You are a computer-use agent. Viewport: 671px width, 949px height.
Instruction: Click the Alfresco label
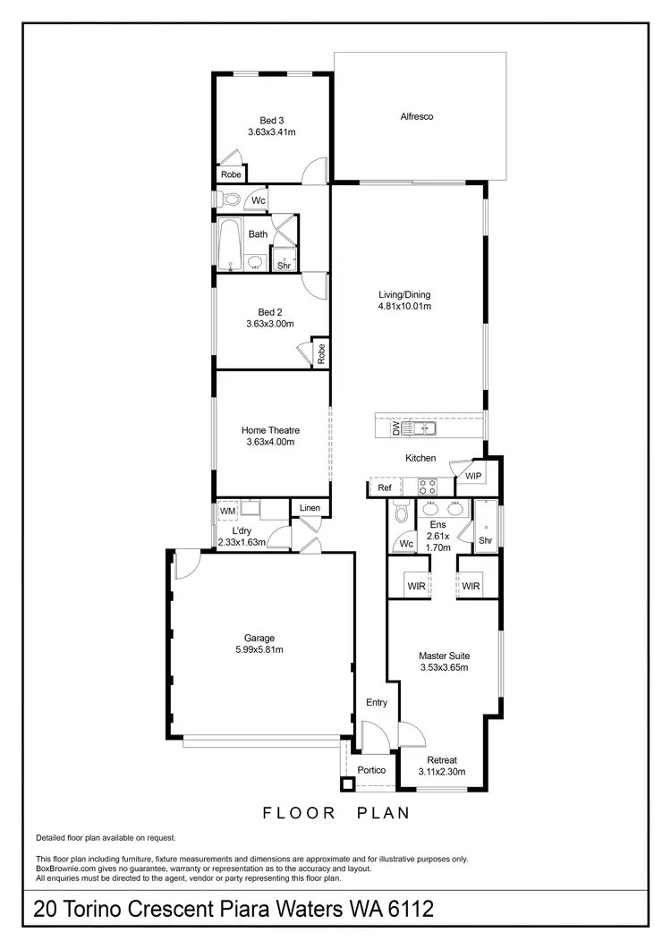tap(417, 116)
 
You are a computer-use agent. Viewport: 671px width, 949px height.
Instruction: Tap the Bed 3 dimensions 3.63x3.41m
tap(272, 132)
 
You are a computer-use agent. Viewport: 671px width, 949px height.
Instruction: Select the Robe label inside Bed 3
tap(231, 174)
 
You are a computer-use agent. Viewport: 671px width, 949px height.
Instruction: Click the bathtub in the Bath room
tap(228, 244)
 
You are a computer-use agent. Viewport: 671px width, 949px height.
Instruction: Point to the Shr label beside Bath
tap(284, 265)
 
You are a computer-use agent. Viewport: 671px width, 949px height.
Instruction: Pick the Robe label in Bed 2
tap(320, 352)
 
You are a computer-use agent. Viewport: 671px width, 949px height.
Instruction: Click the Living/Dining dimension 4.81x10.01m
tap(404, 307)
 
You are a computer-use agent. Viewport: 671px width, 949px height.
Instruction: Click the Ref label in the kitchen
tap(385, 488)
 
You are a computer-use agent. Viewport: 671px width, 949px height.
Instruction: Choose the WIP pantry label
tap(472, 477)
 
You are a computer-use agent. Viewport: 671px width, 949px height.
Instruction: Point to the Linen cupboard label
tap(310, 508)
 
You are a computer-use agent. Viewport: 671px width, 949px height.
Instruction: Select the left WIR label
tap(414, 587)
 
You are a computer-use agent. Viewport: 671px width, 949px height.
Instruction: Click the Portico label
tap(371, 770)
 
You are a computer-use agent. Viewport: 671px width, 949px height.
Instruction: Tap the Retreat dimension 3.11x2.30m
tap(442, 772)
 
